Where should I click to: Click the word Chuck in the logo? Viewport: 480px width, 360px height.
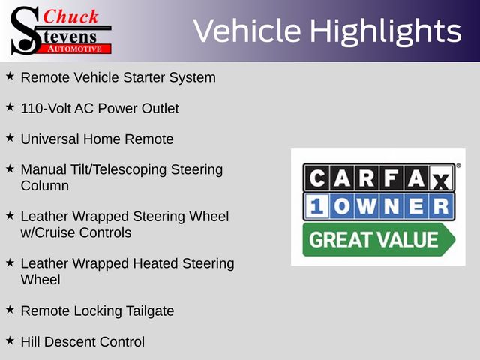70,16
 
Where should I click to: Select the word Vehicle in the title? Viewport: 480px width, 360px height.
247,30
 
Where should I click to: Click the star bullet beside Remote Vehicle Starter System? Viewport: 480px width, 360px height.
10,76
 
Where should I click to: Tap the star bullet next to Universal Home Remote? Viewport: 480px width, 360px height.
10,138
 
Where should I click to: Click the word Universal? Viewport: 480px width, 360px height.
50,139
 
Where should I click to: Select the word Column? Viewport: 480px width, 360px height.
45,186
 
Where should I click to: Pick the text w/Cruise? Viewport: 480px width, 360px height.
48,232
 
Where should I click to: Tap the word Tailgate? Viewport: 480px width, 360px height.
150,311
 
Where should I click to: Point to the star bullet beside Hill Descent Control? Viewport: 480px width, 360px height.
10,340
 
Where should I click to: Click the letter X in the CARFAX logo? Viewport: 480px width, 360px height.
442,178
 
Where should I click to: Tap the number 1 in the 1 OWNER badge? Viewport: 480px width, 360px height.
316,206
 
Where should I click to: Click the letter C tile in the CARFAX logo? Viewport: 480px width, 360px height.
316,178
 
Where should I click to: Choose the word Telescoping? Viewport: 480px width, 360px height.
130,170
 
